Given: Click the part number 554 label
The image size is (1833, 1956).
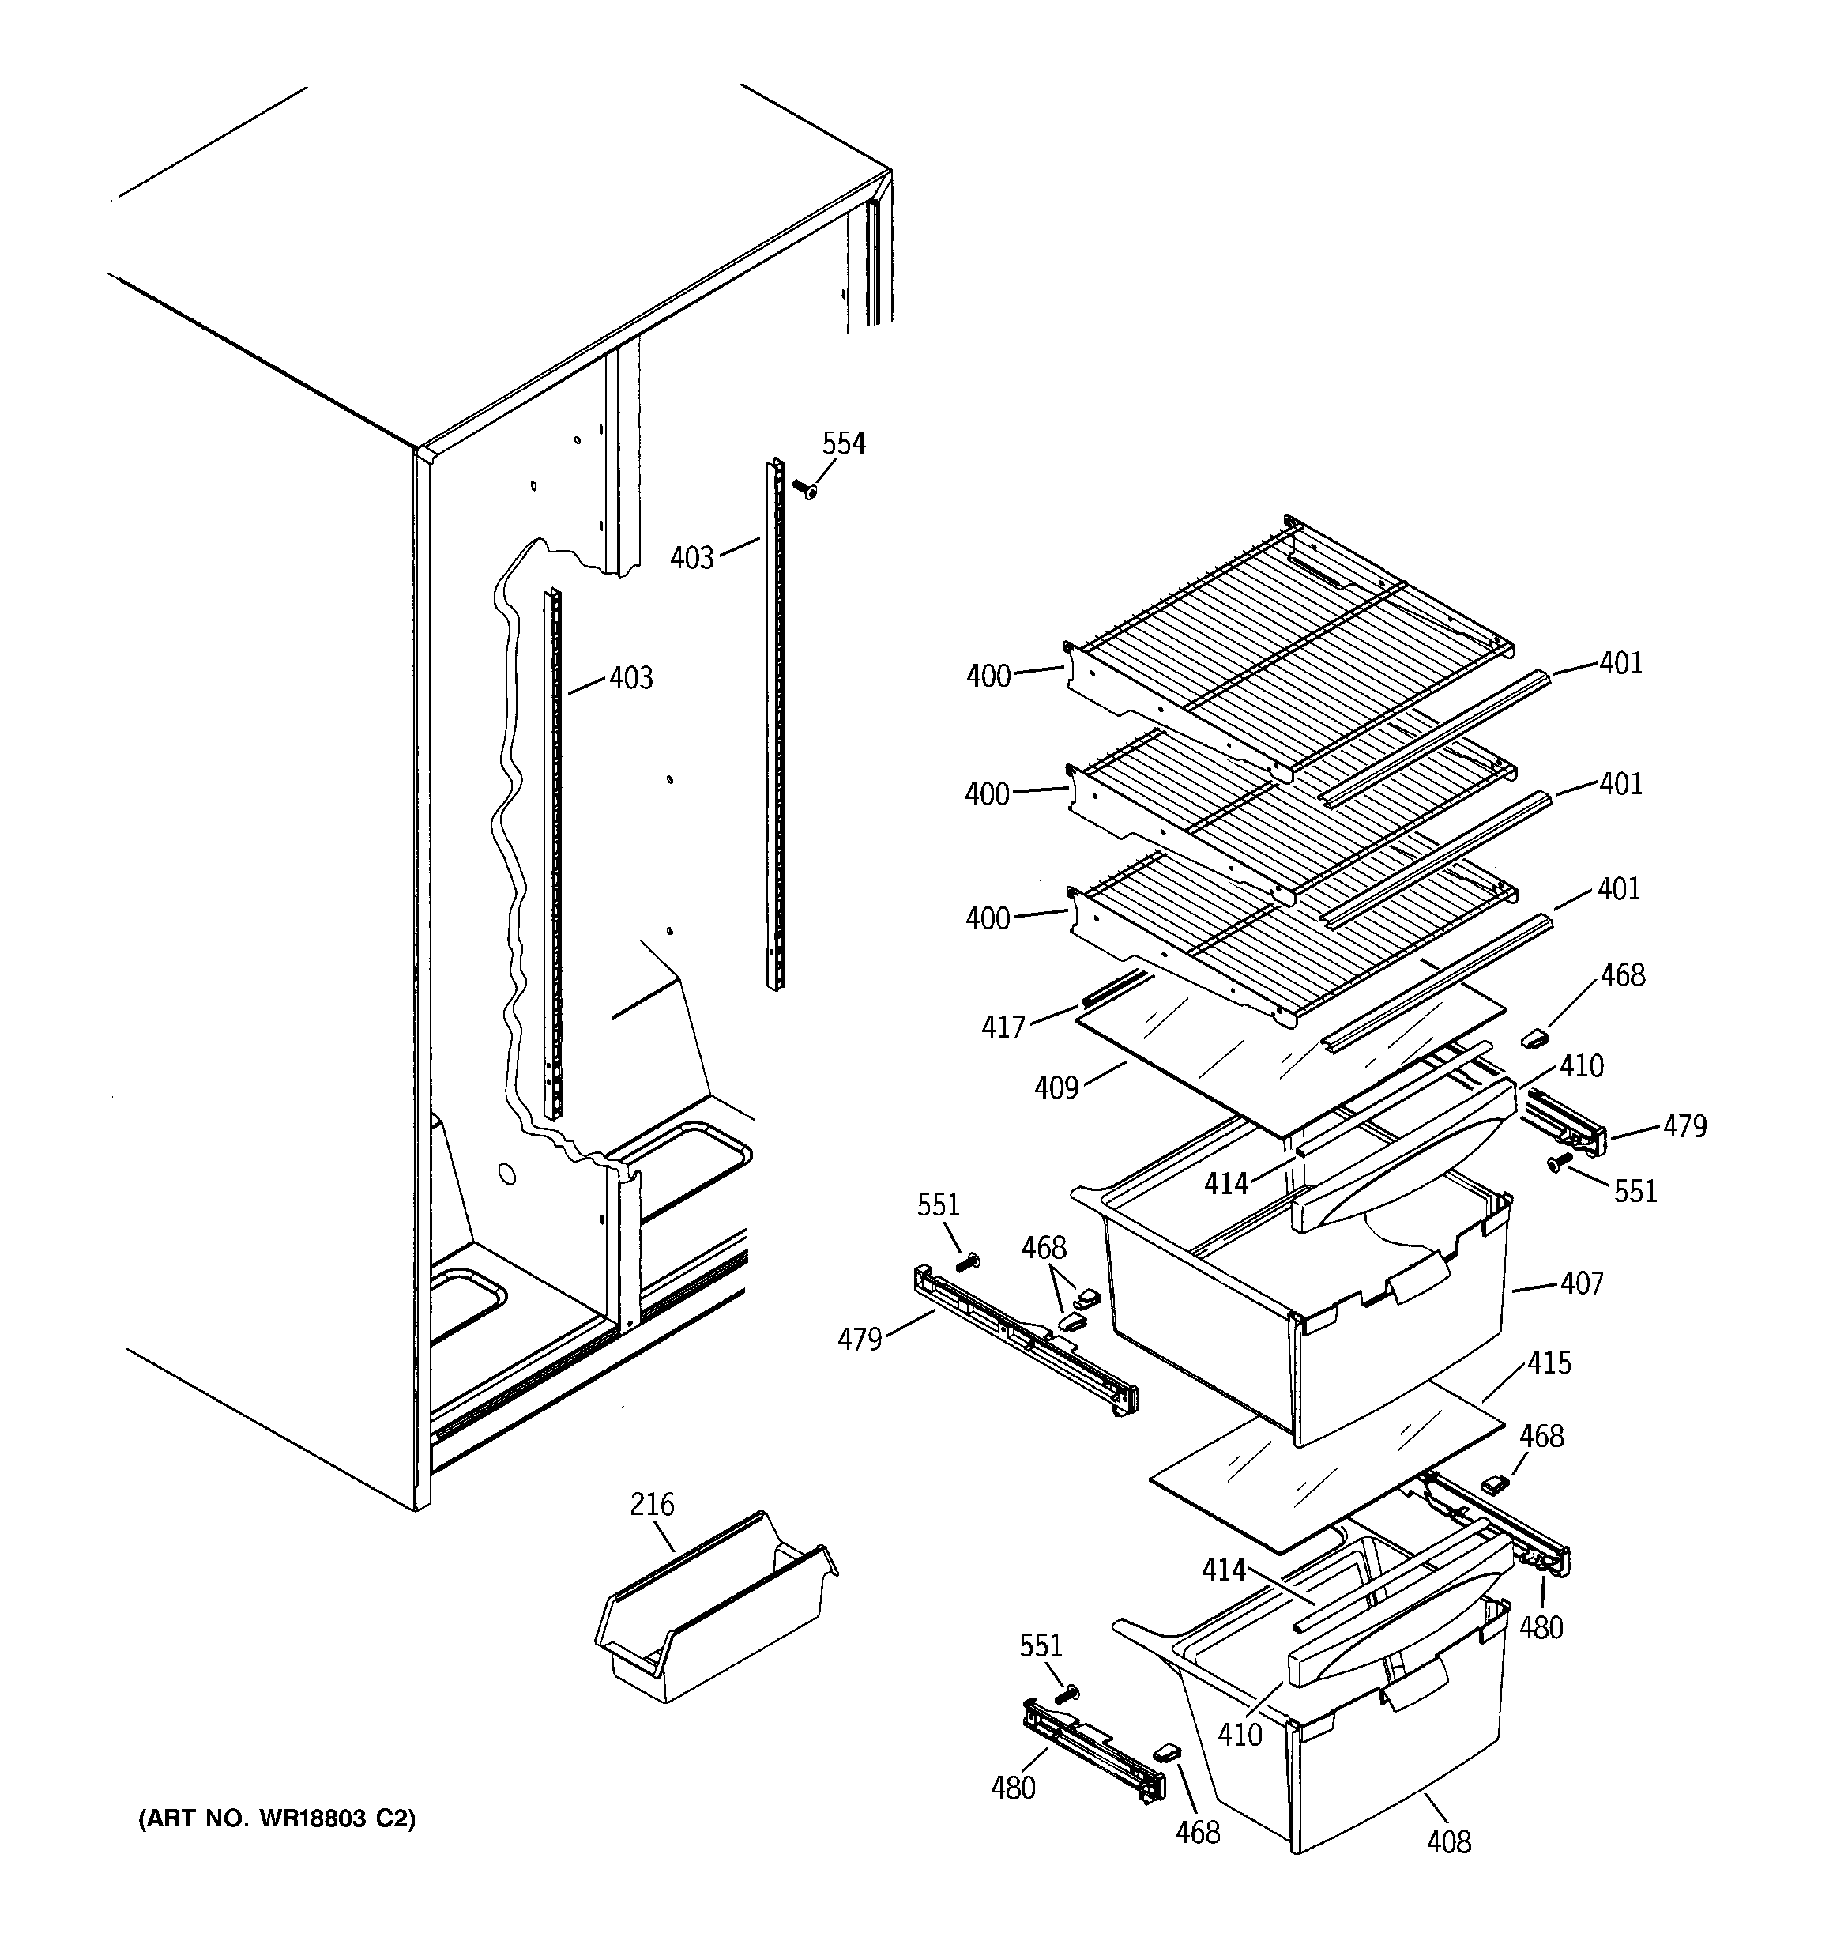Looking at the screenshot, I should coord(843,443).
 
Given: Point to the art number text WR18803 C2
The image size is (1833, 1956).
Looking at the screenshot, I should coord(277,1819).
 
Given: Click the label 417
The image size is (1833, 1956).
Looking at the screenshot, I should coord(1003,1027).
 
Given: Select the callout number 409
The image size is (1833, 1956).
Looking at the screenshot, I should coord(1056,1088).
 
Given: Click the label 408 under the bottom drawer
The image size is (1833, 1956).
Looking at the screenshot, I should coord(1448,1842).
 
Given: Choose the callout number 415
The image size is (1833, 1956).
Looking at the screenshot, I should coord(1549,1364).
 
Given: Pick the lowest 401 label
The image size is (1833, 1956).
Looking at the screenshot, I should coord(1620,888).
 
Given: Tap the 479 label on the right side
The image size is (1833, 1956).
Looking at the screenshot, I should coord(1684,1125).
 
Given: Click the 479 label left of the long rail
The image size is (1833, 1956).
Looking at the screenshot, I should coord(859,1340).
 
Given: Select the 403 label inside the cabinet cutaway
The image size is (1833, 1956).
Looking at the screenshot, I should coord(630,678).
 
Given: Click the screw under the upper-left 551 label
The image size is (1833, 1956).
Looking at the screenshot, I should coord(966,1261).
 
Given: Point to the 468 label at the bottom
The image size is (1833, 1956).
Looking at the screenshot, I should coord(1198,1832).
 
